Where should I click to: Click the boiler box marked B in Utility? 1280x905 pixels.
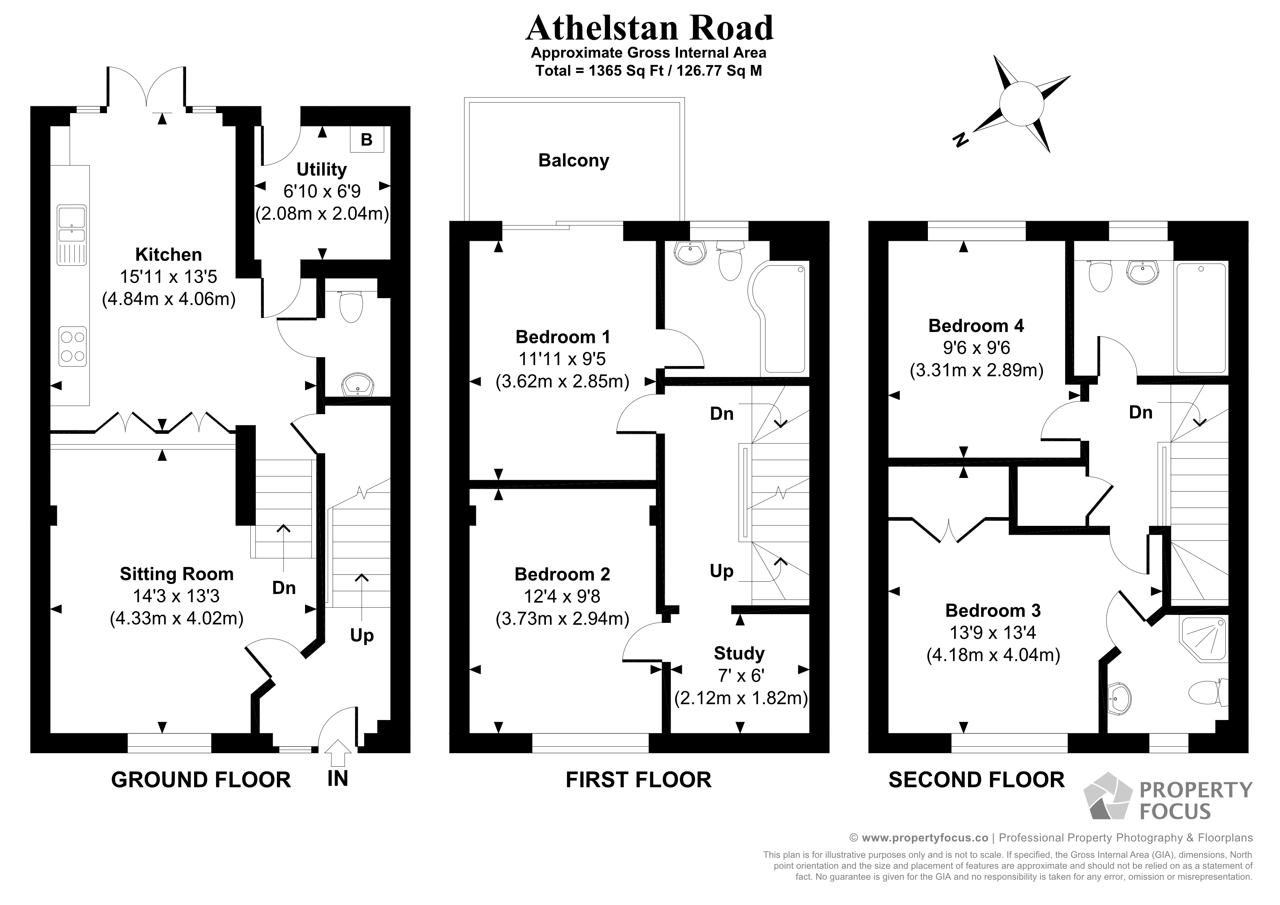[366, 139]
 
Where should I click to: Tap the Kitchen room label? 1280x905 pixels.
[168, 255]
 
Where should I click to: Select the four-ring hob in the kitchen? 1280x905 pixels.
[73, 346]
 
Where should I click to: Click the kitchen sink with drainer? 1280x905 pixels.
[72, 234]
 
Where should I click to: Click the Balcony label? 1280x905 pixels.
[574, 161]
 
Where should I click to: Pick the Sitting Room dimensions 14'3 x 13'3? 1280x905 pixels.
[176, 596]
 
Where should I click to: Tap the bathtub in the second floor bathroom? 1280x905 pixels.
[1201, 318]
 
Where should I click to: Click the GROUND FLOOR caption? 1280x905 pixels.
[201, 779]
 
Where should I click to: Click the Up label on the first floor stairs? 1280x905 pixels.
[721, 571]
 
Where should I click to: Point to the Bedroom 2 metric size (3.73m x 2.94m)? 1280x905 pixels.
[562, 619]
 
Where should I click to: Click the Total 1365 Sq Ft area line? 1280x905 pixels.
[648, 71]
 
